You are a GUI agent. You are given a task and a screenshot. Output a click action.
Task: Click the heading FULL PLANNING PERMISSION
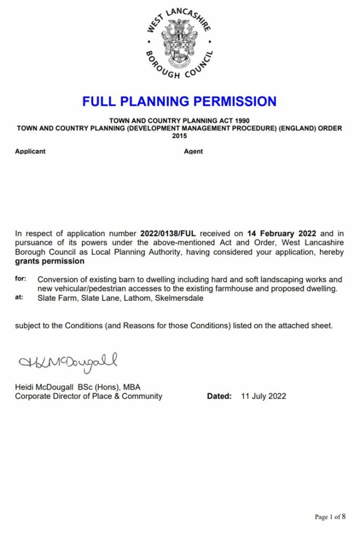pyautogui.click(x=179, y=101)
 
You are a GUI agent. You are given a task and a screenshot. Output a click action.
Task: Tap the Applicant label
pyautogui.click(x=30, y=151)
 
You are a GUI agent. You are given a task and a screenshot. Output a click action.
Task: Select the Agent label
pyautogui.click(x=194, y=151)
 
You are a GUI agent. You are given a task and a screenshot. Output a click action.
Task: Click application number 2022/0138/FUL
pyautogui.click(x=169, y=234)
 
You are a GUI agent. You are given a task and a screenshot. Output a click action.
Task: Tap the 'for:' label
pyautogui.click(x=21, y=279)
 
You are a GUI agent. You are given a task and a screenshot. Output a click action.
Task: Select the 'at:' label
pyautogui.click(x=20, y=298)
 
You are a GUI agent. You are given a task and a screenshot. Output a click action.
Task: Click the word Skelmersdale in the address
pyautogui.click(x=182, y=299)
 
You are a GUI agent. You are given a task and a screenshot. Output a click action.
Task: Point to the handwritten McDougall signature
pyautogui.click(x=68, y=361)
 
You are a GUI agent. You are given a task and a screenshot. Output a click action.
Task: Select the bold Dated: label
pyautogui.click(x=219, y=396)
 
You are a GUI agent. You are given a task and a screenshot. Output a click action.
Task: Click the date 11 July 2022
pyautogui.click(x=263, y=396)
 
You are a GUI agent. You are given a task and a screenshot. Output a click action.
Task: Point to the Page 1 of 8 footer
pyautogui.click(x=330, y=517)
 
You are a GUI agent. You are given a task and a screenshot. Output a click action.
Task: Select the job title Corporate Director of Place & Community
pyautogui.click(x=88, y=396)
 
